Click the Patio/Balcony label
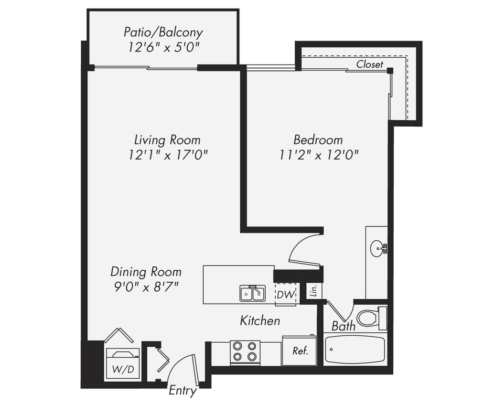point(163,32)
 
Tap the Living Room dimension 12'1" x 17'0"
point(167,155)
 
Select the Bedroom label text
point(318,140)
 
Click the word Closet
point(369,64)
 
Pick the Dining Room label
point(146,272)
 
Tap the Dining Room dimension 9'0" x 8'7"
point(146,287)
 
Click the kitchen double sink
point(252,293)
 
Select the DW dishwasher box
point(286,294)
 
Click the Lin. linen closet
point(313,290)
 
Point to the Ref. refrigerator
point(300,351)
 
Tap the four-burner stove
point(245,352)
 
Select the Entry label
point(183,391)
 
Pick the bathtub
point(355,350)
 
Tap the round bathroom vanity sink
point(377,248)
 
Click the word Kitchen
point(259,320)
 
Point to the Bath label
point(343,327)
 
